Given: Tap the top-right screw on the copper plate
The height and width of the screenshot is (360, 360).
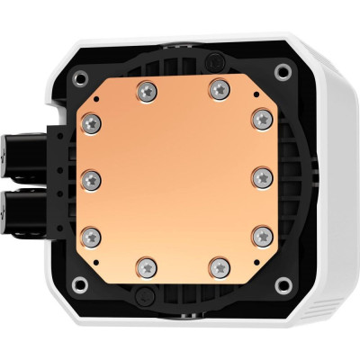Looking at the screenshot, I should [219, 88].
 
